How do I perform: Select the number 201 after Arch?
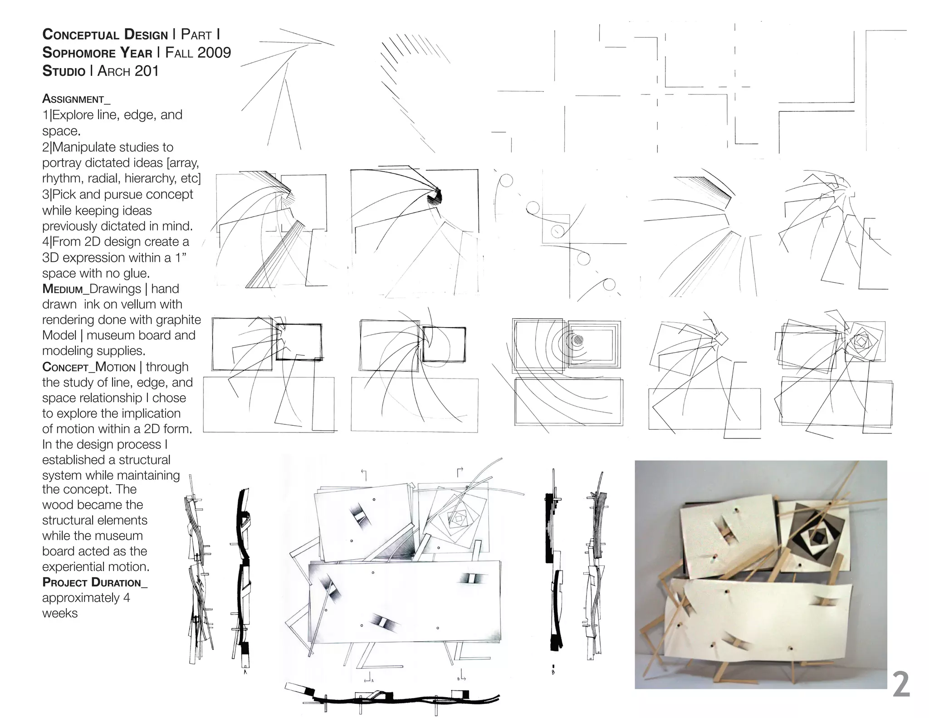[146, 71]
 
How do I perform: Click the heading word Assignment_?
[76, 99]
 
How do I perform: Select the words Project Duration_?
[94, 582]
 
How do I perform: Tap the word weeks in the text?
[60, 613]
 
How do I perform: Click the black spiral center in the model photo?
[818, 538]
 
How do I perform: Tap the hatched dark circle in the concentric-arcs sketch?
[577, 340]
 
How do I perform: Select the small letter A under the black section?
[245, 672]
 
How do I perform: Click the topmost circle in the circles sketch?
[506, 181]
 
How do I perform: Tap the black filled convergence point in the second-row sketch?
[436, 196]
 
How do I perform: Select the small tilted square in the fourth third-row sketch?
[721, 339]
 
